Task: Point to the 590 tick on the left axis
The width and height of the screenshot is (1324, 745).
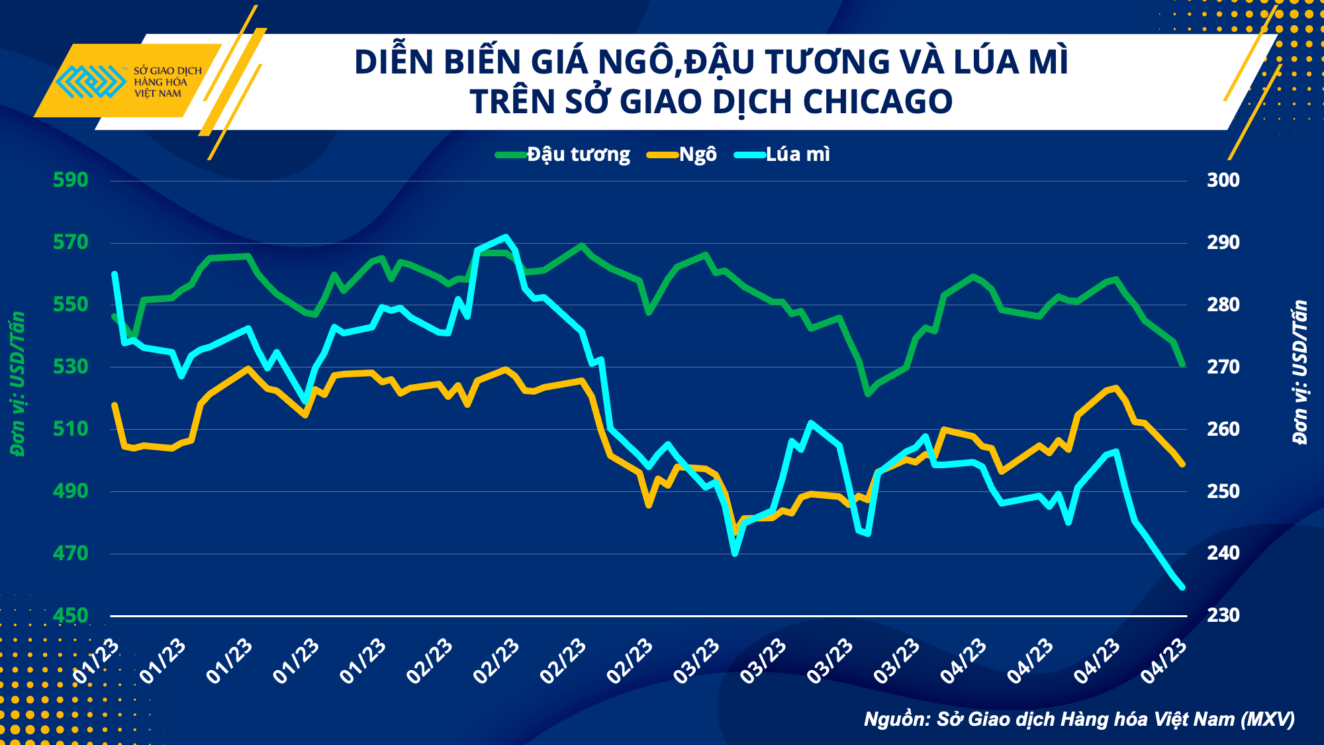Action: pyautogui.click(x=70, y=179)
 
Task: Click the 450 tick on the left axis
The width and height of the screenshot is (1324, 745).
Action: pyautogui.click(x=70, y=616)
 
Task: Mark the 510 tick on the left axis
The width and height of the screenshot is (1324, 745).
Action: pyautogui.click(x=70, y=429)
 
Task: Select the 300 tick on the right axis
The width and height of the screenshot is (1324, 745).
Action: pyautogui.click(x=1223, y=180)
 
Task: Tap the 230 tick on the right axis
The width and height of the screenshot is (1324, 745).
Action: pyautogui.click(x=1223, y=615)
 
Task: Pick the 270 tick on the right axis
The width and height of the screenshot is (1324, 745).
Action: pyautogui.click(x=1223, y=367)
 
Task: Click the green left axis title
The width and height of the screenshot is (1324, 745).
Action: pyautogui.click(x=18, y=384)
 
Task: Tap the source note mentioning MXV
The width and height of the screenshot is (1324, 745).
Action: pyautogui.click(x=1079, y=719)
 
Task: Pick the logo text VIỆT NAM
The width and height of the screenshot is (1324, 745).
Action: pyautogui.click(x=158, y=94)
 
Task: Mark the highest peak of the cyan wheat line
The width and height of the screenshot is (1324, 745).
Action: pyautogui.click(x=506, y=236)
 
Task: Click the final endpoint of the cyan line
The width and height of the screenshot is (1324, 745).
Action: pyautogui.click(x=1182, y=587)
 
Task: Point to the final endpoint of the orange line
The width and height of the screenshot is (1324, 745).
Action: pyautogui.click(x=1182, y=465)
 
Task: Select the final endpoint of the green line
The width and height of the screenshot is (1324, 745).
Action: pyautogui.click(x=1182, y=364)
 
